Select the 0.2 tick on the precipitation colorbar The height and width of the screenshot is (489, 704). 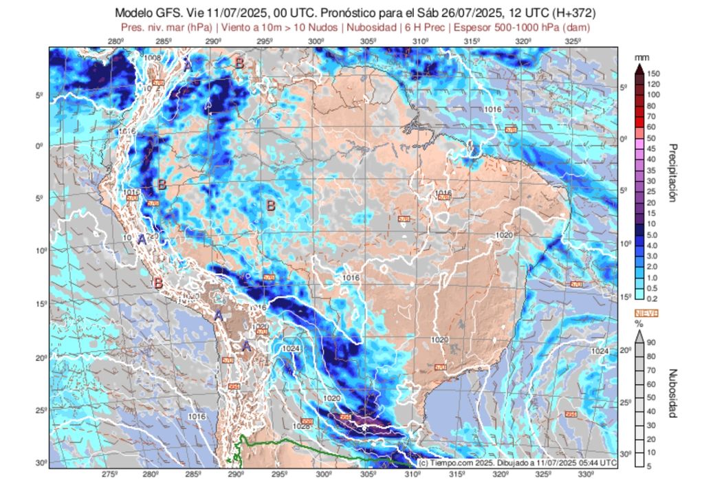pos(652,298)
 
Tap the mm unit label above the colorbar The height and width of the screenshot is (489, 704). pos(641,56)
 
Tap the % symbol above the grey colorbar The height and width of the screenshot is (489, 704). pos(638,323)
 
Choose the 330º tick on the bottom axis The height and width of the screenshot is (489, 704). pos(586,475)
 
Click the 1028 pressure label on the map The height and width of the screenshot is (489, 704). pos(301,426)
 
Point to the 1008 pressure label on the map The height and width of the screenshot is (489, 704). pos(153,58)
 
